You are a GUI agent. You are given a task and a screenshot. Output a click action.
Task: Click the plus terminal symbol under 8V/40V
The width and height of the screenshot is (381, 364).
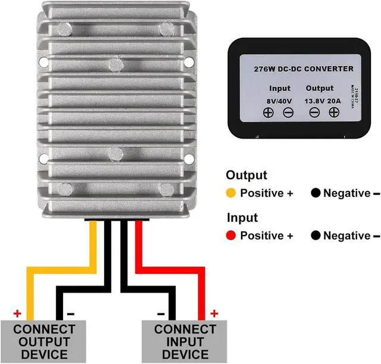pyautogui.click(x=268, y=113)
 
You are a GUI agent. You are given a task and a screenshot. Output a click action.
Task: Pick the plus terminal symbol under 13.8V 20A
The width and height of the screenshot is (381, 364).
pyautogui.click(x=334, y=113)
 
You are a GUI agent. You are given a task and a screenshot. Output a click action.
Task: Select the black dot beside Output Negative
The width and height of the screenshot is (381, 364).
pyautogui.click(x=315, y=193)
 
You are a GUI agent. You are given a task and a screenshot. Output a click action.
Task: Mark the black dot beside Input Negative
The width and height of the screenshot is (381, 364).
pyautogui.click(x=315, y=236)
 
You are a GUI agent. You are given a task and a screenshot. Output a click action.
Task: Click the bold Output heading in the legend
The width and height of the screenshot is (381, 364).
pyautogui.click(x=246, y=175)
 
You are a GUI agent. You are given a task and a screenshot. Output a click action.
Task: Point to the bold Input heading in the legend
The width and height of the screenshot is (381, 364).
pyautogui.click(x=242, y=218)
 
